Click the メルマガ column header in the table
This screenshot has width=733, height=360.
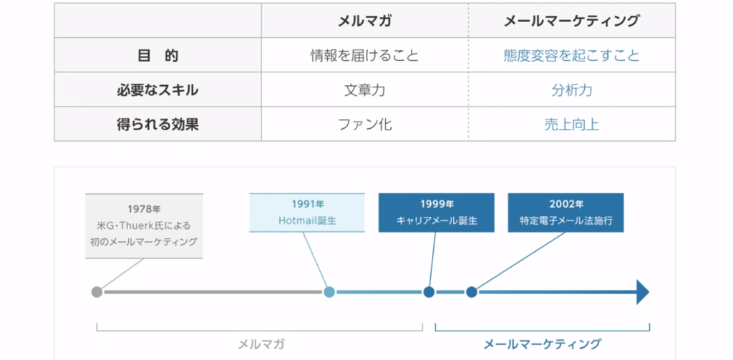(364, 21)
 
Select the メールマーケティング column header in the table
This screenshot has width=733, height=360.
(572, 21)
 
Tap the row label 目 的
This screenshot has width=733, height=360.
(158, 56)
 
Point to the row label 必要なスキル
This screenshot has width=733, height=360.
(157, 89)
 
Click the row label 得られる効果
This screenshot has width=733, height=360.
(157, 125)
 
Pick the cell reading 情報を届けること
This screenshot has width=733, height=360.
(364, 56)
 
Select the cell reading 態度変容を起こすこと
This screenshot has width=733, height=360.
(572, 56)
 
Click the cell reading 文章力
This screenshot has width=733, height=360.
(364, 89)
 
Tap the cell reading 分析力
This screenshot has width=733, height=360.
(572, 89)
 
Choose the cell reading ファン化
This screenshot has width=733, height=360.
(364, 125)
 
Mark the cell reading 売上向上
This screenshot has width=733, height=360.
(572, 125)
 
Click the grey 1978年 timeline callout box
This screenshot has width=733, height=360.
(144, 226)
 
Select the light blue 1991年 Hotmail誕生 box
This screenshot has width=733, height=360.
(306, 213)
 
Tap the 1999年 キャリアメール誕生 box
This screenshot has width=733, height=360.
(436, 213)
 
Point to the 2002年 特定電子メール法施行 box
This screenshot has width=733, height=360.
(565, 213)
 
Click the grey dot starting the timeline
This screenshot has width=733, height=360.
(97, 292)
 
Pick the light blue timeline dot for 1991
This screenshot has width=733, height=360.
(329, 292)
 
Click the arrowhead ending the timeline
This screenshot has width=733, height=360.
(642, 292)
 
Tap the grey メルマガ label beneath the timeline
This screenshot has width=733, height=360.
(261, 344)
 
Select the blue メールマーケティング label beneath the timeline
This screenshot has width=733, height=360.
(543, 344)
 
